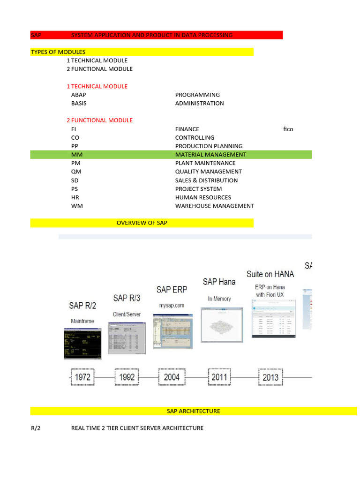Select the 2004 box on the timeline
(172, 377)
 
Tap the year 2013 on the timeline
(270, 377)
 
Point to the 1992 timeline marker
(127, 377)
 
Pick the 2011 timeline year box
(219, 377)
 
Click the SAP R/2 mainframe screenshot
(82, 344)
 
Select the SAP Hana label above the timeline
(219, 282)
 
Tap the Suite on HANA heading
(270, 274)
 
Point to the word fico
(288, 129)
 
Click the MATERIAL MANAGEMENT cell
(210, 155)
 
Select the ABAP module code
(78, 95)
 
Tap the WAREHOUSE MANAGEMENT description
(214, 206)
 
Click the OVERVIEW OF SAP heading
(142, 223)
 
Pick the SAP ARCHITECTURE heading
(193, 411)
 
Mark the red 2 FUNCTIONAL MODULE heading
(99, 120)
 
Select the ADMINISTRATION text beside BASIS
(199, 103)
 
